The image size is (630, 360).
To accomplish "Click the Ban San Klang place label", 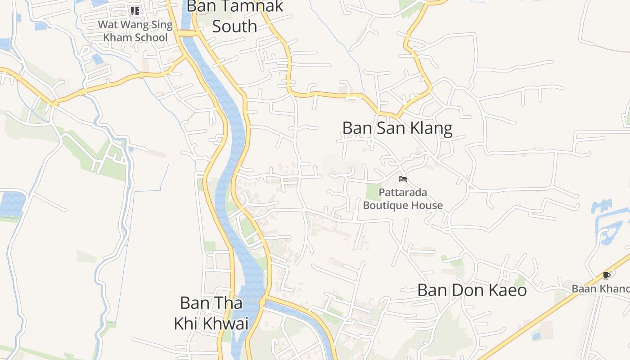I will coord(397,128).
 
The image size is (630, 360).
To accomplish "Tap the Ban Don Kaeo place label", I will coord(472,290).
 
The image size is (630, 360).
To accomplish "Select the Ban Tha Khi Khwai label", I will coord(211,313).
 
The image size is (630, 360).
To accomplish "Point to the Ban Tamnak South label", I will coord(234,16).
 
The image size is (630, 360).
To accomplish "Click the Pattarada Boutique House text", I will coord(403,199).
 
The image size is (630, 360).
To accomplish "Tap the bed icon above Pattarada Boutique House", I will coord(403,179).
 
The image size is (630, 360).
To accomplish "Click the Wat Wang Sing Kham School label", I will coord(135,31).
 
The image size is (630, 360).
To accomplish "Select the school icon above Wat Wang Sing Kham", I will coord(135,11).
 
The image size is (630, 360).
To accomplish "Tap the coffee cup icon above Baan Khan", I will coord(607,275).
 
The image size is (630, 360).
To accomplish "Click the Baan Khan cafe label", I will coord(601,288).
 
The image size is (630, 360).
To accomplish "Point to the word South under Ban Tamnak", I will coord(234,26).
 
